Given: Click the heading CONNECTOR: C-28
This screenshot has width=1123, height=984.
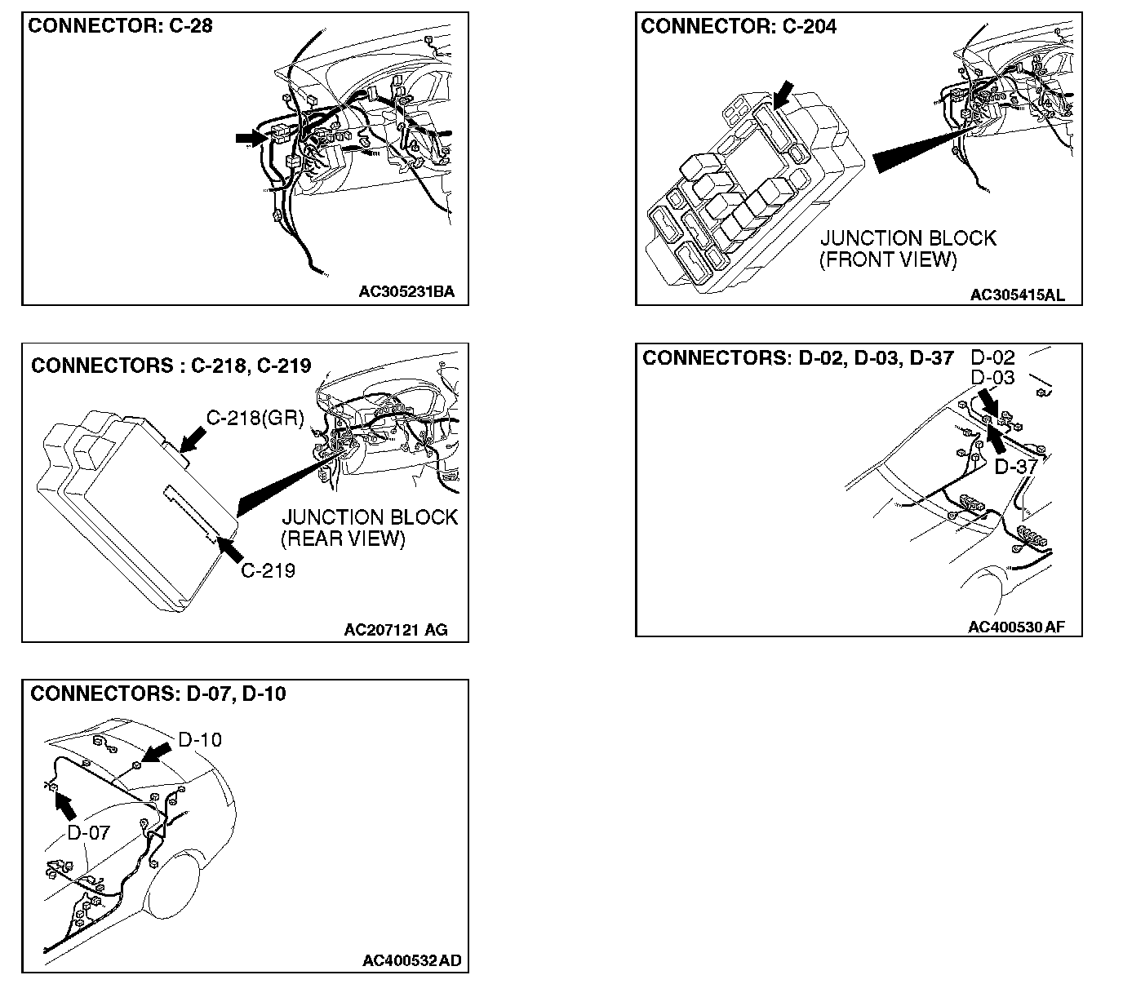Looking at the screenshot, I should tap(120, 26).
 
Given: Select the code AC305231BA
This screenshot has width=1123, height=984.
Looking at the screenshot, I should tap(406, 291).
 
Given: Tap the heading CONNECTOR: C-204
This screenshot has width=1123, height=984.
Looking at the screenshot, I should tap(739, 26).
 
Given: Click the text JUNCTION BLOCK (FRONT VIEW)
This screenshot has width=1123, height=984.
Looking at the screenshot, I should tap(908, 249).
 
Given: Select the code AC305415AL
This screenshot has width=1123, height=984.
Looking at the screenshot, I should tap(1017, 295).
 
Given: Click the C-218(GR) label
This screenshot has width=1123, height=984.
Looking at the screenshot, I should tap(255, 419).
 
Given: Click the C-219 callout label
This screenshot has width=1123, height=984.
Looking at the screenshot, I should tap(268, 570).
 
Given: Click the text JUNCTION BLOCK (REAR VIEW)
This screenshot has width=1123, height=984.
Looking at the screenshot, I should tap(369, 528).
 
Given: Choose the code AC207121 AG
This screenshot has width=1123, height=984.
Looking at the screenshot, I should tap(396, 630).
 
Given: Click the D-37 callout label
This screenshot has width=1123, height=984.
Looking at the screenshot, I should tap(1016, 467).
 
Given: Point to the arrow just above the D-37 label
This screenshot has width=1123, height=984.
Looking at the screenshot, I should tap(996, 438).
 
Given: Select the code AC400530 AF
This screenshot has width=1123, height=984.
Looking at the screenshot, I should tap(1016, 627).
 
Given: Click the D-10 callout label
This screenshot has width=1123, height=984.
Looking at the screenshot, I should tap(199, 740).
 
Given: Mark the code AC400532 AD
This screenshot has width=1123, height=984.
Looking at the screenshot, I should tap(411, 960).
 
